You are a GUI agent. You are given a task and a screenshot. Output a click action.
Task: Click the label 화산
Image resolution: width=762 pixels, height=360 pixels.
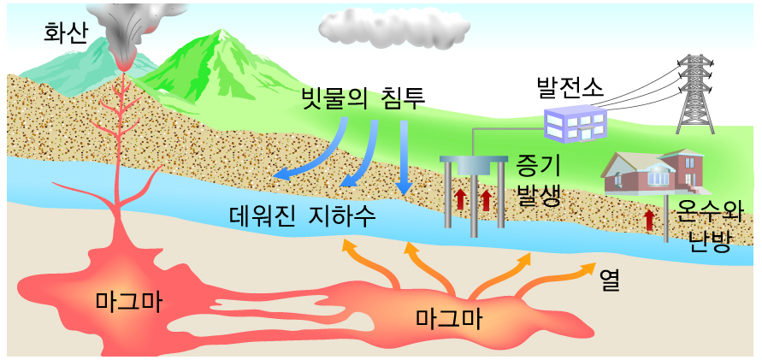(68, 33)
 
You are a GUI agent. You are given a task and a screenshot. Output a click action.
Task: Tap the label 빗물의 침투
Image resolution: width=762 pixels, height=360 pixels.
(363, 96)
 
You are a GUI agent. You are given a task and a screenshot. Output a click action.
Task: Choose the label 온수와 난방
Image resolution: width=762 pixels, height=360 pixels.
(707, 224)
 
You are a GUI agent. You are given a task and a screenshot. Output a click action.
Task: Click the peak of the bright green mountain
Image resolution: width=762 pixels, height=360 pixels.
(224, 33)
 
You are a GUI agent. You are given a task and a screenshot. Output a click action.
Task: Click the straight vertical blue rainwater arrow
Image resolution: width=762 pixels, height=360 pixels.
(405, 158)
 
